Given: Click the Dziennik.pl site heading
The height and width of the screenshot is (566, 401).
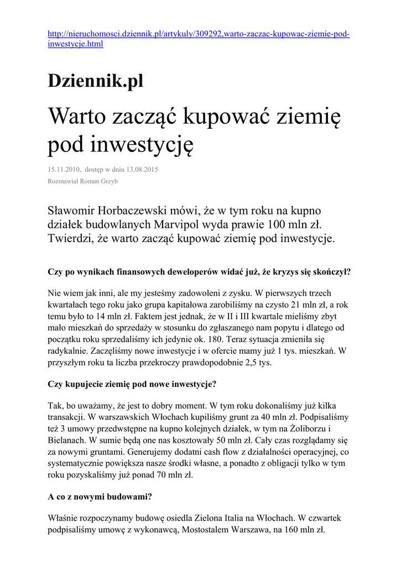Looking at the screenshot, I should point(95,81).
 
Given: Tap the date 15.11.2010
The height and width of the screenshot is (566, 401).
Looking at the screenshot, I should point(64,169).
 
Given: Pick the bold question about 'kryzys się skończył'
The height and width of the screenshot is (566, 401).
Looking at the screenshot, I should point(200,272).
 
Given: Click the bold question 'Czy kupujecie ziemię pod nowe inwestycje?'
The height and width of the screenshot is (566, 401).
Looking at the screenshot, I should point(132,384).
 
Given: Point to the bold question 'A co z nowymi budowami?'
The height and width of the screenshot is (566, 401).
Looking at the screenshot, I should point(100,497).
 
